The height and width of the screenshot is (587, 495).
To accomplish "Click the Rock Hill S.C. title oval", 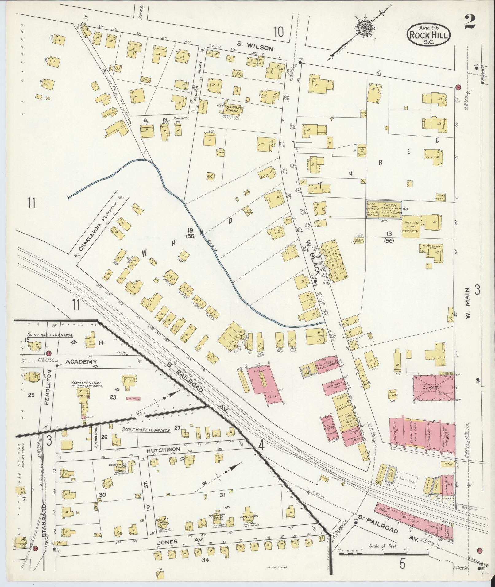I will (x=429, y=34).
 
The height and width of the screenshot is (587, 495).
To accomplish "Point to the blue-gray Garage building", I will (x=383, y=209).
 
